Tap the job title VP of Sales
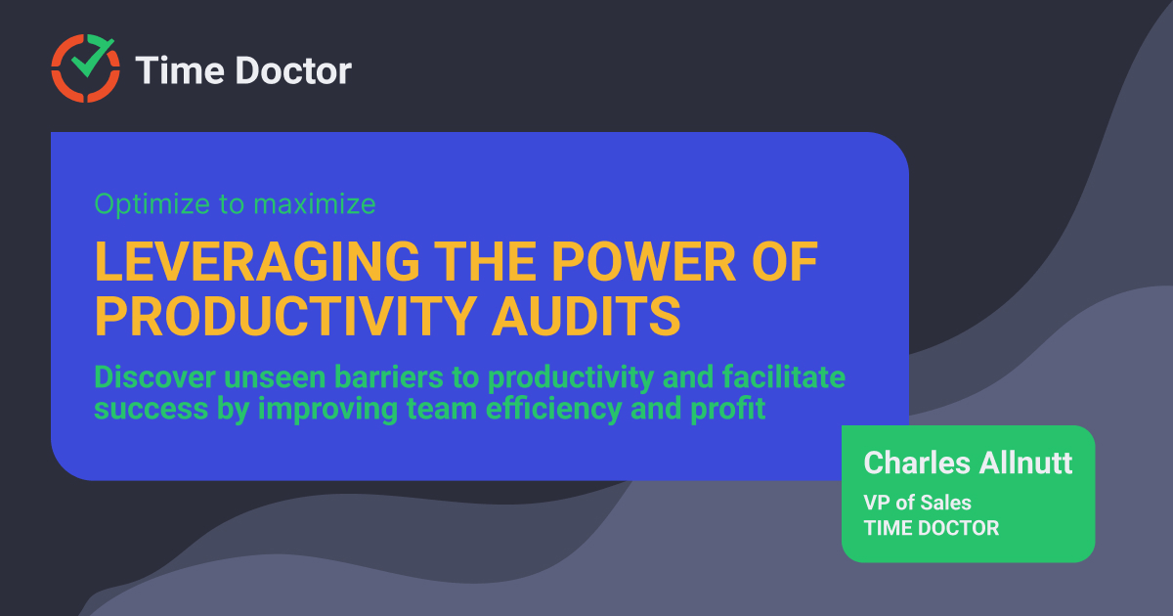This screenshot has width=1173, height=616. point(917,503)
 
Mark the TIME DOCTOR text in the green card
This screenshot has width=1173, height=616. point(931,528)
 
